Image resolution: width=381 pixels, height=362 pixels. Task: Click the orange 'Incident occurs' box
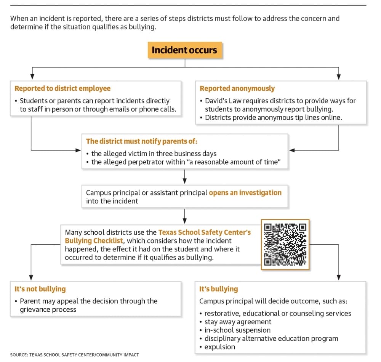(185, 50)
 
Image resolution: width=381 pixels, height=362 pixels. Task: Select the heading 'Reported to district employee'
(62, 88)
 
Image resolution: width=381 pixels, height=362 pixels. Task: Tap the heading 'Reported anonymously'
(237, 88)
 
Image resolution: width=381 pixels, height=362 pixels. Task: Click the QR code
(285, 244)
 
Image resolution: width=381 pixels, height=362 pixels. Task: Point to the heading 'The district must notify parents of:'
(142, 141)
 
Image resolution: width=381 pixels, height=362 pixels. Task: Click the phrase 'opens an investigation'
(245, 193)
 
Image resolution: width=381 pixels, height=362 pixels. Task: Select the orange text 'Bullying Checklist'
(94, 241)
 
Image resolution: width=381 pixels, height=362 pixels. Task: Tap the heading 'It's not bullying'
(40, 289)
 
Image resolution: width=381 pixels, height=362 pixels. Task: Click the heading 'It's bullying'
(218, 289)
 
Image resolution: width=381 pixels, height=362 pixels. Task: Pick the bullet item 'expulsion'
(220, 347)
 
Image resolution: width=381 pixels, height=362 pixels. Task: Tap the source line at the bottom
(75, 355)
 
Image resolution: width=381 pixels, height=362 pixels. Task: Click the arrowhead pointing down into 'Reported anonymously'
(339, 77)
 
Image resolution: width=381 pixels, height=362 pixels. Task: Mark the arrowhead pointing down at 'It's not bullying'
(31, 277)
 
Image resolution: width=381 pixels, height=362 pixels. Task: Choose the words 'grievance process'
(48, 310)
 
